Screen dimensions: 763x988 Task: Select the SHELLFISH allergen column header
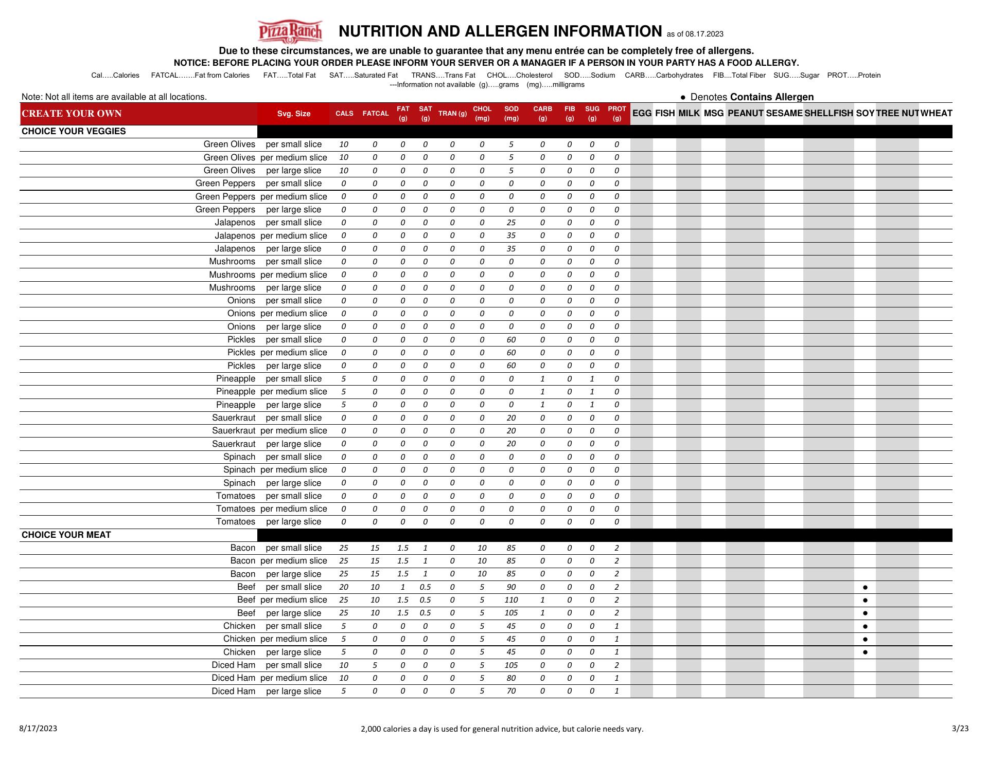coord(828,114)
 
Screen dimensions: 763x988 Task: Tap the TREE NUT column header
coord(897,114)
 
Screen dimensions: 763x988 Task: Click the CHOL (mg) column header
coord(482,114)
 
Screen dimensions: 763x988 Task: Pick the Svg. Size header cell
coord(294,114)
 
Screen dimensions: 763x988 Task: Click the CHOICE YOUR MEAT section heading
coord(66,535)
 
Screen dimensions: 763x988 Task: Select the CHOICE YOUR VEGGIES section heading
coord(74,132)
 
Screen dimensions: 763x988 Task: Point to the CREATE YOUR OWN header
coord(72,114)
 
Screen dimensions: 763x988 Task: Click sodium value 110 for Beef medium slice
coord(511,600)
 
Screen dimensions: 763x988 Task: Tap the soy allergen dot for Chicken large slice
coord(865,652)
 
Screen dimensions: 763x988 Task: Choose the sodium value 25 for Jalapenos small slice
coord(511,223)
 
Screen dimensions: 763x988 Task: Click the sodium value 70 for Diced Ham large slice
coord(511,692)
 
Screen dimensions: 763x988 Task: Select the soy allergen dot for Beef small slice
coord(865,587)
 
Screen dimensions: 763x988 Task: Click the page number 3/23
coord(960,729)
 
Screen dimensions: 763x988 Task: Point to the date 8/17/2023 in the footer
coord(38,729)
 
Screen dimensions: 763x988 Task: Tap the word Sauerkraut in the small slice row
coord(234,418)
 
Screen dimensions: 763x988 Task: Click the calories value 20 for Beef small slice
coord(344,587)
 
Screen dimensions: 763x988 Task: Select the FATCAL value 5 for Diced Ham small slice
coord(375,665)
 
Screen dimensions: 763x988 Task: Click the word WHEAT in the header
coord(936,114)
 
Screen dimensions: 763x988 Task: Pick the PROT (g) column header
coord(616,114)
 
